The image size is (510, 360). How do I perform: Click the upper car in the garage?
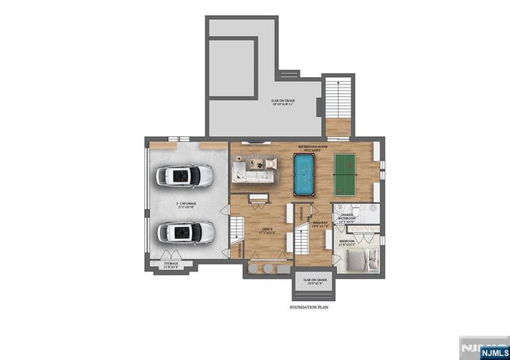[185, 175]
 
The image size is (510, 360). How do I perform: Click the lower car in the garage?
[185, 233]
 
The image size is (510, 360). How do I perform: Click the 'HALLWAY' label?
[320, 224]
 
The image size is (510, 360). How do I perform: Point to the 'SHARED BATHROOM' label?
[348, 217]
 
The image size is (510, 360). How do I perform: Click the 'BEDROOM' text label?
[348, 241]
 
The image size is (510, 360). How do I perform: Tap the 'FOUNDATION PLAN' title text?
[309, 307]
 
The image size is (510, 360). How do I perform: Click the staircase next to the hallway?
[302, 239]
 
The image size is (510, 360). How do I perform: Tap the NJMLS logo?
[483, 348]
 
